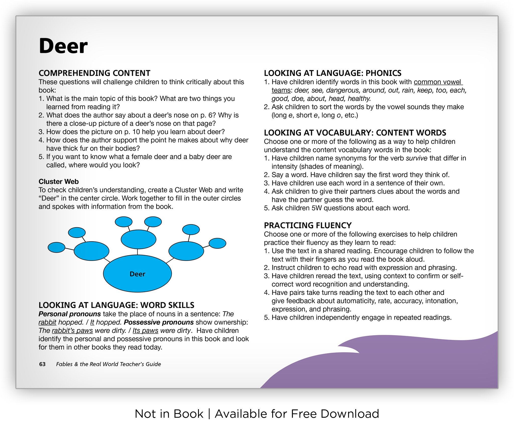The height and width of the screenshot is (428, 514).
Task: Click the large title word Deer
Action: pyautogui.click(x=63, y=46)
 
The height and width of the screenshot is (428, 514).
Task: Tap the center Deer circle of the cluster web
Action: pyautogui.click(x=138, y=274)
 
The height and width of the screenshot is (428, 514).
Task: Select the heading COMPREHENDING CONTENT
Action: pyautogui.click(x=94, y=73)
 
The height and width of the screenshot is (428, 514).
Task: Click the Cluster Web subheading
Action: pyautogui.click(x=58, y=181)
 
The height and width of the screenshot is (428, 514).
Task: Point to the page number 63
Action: pyautogui.click(x=42, y=364)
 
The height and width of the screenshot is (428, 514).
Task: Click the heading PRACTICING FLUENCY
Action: pyautogui.click(x=308, y=225)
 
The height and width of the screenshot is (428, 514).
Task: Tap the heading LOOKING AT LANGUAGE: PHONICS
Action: pyautogui.click(x=333, y=73)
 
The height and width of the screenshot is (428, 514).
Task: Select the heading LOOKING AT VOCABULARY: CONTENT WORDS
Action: pyautogui.click(x=355, y=132)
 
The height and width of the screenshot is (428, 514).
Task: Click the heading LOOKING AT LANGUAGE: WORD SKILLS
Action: pyautogui.click(x=116, y=305)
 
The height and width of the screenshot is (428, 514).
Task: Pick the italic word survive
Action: pyautogui.click(x=417, y=158)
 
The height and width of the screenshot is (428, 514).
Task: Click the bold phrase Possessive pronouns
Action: pyautogui.click(x=159, y=322)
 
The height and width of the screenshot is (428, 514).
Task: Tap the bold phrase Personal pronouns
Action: pyautogui.click(x=70, y=314)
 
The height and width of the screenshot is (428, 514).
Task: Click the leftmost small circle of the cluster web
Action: pyautogui.click(x=56, y=247)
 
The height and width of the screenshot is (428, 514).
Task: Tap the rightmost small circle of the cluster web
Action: pyautogui.click(x=217, y=243)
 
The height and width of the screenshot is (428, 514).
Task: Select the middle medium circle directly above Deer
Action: pyautogui.click(x=139, y=239)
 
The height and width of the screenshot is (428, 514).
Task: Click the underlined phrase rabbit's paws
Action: pyautogui.click(x=72, y=331)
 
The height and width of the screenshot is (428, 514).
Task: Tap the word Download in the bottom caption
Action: pyautogui.click(x=350, y=414)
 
